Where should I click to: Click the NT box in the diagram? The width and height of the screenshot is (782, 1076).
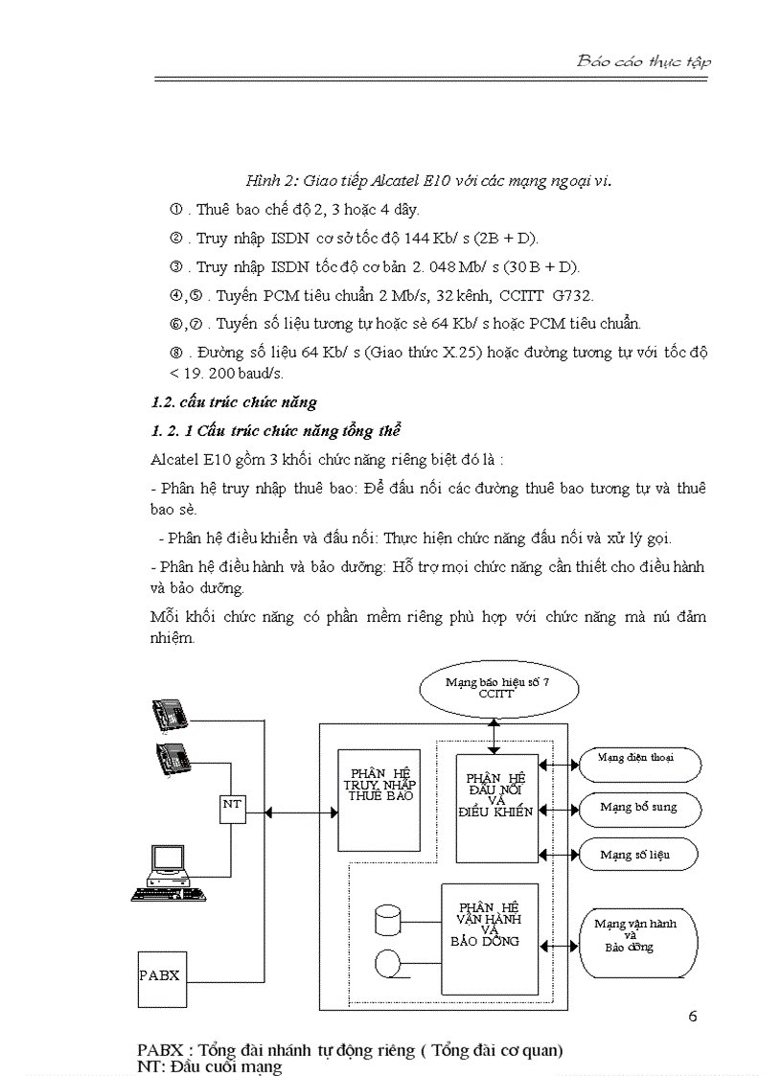tap(232, 806)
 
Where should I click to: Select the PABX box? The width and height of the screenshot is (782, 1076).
tap(159, 976)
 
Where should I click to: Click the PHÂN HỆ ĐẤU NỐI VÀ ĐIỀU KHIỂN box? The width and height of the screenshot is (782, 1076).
tap(496, 807)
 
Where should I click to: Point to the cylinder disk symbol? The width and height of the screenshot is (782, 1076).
tap(388, 920)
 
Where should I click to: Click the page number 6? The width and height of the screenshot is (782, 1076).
tap(692, 1017)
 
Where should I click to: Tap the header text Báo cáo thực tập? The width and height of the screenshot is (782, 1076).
tap(643, 61)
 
